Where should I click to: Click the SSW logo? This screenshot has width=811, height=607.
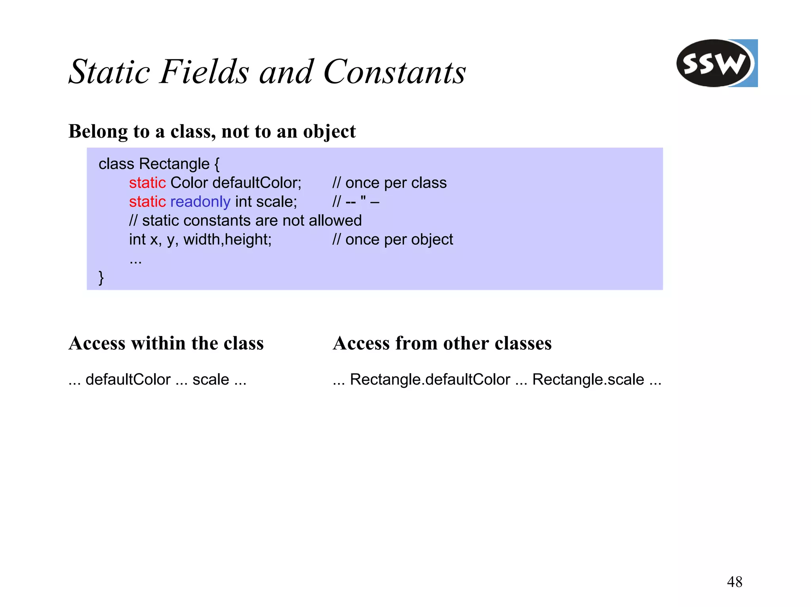tap(716, 63)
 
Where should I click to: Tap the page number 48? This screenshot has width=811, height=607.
tap(735, 582)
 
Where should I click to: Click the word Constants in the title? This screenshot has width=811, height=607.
tap(394, 72)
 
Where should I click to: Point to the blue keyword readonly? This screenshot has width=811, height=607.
tap(200, 202)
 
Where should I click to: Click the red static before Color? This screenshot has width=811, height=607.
tap(147, 183)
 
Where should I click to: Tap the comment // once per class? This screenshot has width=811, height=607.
tap(390, 183)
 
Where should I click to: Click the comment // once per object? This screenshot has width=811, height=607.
tap(393, 239)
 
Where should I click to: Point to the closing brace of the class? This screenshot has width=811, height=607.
tap(101, 277)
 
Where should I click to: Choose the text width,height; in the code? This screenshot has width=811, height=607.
tap(227, 239)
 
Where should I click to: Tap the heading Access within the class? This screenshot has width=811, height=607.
tap(166, 343)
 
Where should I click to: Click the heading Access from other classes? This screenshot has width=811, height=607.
tap(442, 343)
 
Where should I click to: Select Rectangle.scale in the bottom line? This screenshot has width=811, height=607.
tap(588, 379)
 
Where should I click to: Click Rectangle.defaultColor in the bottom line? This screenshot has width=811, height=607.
tap(430, 379)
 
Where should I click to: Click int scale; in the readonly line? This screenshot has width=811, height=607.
tap(266, 202)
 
